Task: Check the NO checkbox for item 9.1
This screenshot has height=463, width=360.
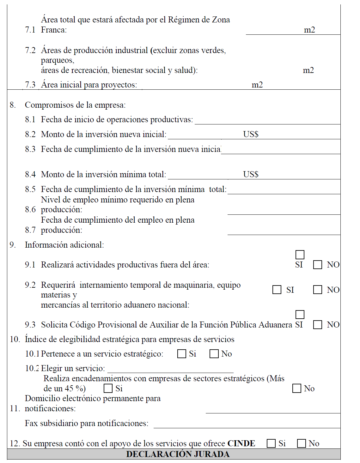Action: tap(317, 265)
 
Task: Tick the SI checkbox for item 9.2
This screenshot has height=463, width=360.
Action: tap(277, 290)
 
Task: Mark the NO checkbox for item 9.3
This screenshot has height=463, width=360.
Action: tap(317, 325)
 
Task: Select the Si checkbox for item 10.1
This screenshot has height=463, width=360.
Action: tap(182, 354)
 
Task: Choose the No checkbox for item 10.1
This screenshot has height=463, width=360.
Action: tap(214, 354)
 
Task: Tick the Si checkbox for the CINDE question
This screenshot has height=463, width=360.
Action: tap(271, 443)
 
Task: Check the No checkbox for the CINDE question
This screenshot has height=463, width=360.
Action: tap(302, 443)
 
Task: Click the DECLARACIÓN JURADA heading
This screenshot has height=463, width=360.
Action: tap(178, 454)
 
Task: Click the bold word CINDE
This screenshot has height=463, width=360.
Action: tap(241, 443)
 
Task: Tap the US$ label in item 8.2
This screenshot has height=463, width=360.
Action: tap(251, 134)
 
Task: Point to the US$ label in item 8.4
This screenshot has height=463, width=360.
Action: tap(251, 174)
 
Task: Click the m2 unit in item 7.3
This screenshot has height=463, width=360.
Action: tap(257, 85)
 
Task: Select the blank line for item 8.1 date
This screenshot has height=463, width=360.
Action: tap(267, 121)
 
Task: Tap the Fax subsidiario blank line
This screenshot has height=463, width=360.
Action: tap(247, 424)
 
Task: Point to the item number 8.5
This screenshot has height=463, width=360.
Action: tap(30, 189)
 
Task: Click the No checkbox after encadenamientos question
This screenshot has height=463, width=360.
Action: tap(297, 388)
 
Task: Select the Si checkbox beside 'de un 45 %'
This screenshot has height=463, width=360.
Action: tap(108, 388)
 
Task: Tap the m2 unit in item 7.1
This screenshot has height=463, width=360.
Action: tap(309, 30)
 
